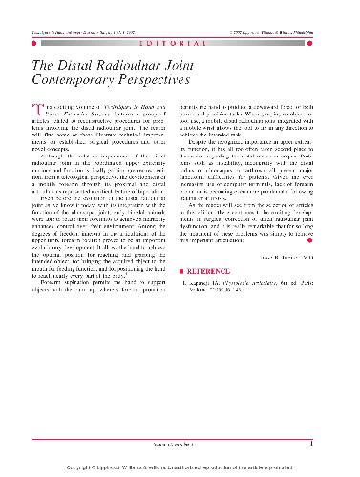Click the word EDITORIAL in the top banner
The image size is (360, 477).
point(180,46)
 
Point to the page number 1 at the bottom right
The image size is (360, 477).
point(325,442)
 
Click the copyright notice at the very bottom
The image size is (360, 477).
point(180,468)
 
